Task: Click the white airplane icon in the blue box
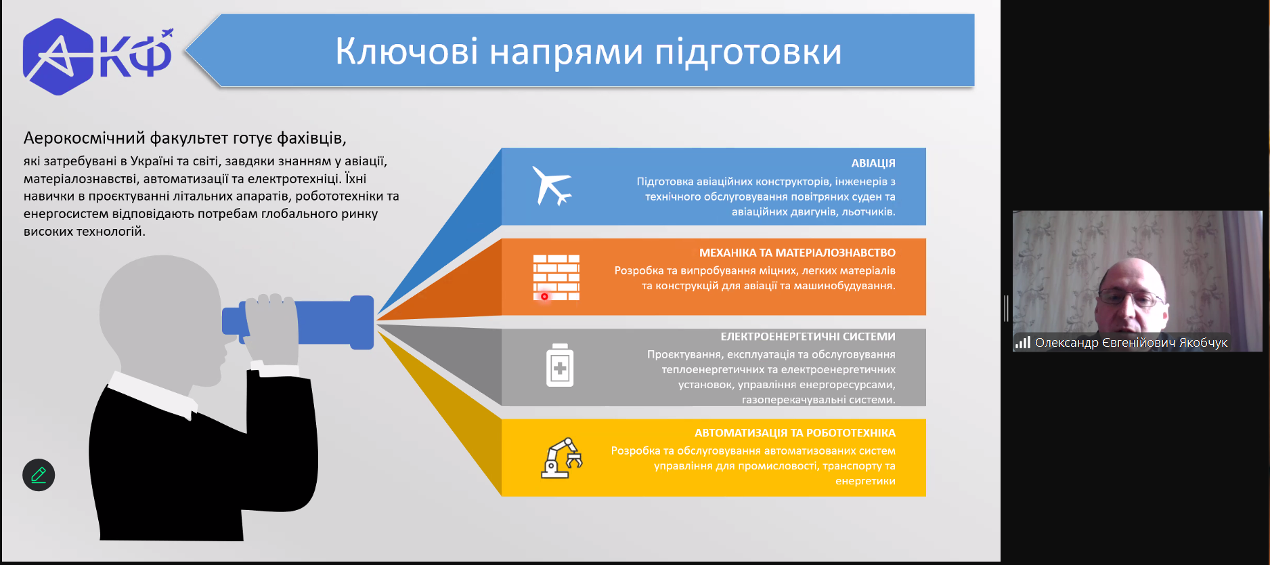click(552, 186)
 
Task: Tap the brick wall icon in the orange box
click(556, 278)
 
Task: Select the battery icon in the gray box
click(560, 365)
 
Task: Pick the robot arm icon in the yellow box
click(561, 458)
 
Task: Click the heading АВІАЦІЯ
click(873, 163)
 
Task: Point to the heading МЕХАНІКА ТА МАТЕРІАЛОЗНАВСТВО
click(797, 253)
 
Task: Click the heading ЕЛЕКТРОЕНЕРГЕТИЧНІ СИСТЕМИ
click(808, 337)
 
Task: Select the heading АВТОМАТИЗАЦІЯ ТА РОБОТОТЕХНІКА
click(795, 433)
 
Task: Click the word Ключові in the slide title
click(407, 51)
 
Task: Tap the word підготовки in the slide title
click(748, 53)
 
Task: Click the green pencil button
click(39, 475)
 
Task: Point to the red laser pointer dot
click(544, 297)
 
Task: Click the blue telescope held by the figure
click(298, 322)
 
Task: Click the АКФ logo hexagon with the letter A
click(58, 57)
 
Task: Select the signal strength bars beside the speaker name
click(1022, 343)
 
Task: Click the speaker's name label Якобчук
click(1203, 343)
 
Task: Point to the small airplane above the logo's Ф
click(167, 33)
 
